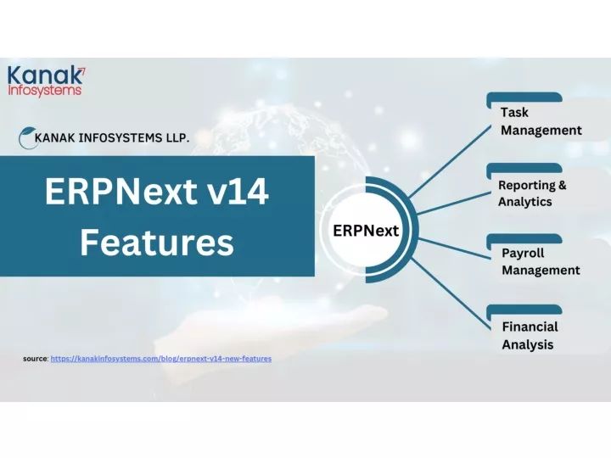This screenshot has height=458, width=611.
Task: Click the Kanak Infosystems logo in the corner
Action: pos(47,81)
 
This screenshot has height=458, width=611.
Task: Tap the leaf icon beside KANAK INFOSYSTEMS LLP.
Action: pos(27,137)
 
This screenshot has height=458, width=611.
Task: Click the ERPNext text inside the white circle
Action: pos(366,231)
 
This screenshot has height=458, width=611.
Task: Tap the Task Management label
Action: pos(541,121)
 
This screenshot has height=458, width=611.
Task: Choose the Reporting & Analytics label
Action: pos(532,193)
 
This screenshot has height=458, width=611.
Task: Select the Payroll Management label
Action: pos(541,261)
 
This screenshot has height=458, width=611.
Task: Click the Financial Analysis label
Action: pos(530,335)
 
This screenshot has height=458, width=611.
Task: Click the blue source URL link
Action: pos(161,358)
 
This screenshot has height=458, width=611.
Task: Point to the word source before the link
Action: pos(36,358)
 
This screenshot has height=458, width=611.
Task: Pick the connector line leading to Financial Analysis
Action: pos(451,294)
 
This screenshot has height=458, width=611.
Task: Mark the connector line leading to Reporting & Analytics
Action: pos(454,203)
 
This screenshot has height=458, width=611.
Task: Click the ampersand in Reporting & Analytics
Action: pos(562,185)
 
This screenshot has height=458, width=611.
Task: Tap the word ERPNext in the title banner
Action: pos(121,191)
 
